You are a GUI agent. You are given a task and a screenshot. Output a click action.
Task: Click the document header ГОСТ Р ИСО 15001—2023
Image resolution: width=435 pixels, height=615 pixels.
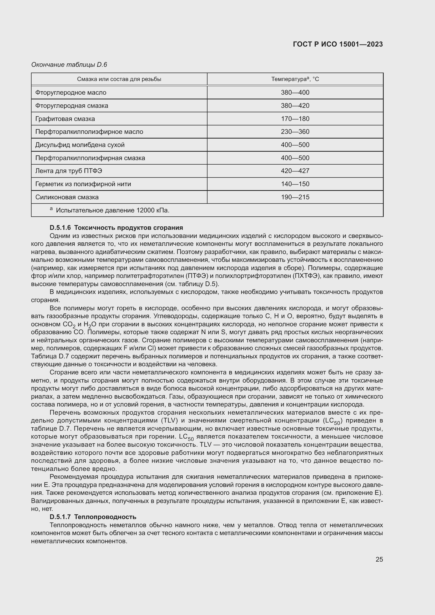click(x=338, y=44)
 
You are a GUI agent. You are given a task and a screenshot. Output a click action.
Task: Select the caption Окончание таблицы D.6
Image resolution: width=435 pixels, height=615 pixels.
click(x=69, y=65)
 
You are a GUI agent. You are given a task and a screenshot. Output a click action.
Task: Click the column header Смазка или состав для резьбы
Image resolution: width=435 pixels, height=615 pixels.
click(x=119, y=79)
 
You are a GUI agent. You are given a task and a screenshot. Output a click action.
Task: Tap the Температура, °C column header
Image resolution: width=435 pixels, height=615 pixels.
click(x=295, y=79)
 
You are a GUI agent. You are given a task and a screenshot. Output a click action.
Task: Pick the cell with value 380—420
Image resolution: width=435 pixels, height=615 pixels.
click(x=295, y=105)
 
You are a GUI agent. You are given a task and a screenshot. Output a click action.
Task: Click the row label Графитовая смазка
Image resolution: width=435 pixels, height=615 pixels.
click(x=65, y=119)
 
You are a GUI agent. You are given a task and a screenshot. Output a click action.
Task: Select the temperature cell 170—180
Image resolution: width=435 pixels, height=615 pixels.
click(x=295, y=119)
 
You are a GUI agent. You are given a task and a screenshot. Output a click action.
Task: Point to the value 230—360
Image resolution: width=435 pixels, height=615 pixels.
click(x=295, y=132)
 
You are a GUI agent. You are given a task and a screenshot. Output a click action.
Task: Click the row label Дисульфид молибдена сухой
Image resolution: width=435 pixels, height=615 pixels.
click(x=80, y=145)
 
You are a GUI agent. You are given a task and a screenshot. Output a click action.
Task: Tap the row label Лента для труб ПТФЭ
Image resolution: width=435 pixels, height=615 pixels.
click(x=69, y=171)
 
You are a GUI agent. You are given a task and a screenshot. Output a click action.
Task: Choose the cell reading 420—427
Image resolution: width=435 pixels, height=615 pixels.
click(x=295, y=171)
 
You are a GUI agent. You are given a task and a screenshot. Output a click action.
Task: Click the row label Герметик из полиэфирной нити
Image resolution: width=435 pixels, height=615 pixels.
click(x=83, y=184)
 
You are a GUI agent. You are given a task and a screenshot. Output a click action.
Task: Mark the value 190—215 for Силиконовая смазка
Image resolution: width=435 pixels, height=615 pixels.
click(x=295, y=197)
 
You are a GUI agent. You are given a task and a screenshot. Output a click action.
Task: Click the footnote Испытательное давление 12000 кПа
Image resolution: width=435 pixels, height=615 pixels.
click(x=113, y=210)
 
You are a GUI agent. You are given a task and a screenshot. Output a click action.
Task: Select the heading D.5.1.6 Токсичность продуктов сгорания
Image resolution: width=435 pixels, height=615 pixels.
click(x=116, y=228)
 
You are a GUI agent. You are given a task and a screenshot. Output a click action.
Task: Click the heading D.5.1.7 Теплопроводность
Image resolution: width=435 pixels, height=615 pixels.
click(x=93, y=517)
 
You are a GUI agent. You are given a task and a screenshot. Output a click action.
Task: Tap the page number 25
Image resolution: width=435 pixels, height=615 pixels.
click(x=379, y=559)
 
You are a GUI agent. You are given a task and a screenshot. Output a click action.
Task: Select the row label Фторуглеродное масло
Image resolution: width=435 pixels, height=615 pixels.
click(x=71, y=93)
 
